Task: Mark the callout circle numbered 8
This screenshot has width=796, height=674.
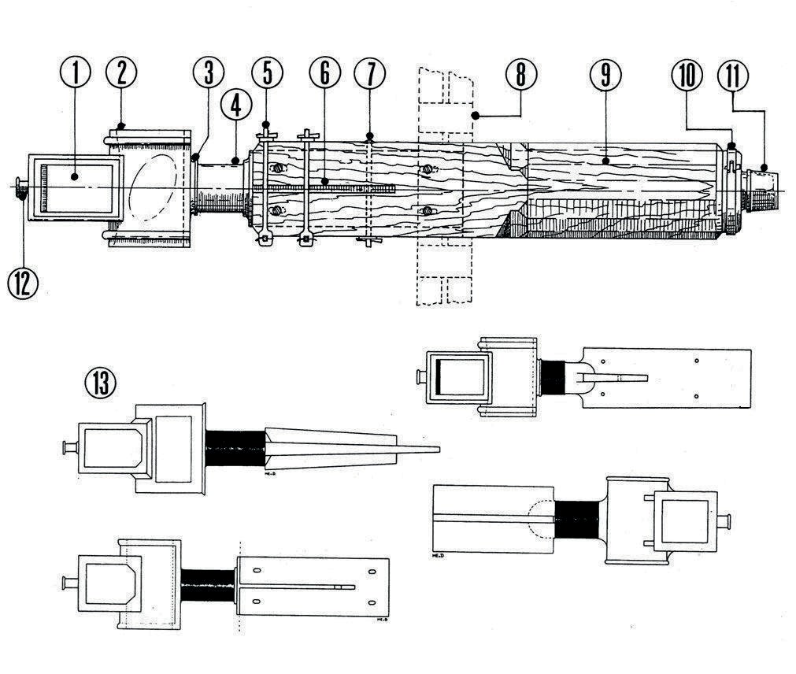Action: [x=521, y=76]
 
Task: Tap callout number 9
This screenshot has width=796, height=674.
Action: [x=605, y=76]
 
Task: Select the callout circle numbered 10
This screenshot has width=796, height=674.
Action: [x=687, y=76]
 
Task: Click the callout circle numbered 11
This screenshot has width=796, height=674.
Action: [x=733, y=76]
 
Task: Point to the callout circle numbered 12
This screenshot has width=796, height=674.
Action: [x=23, y=283]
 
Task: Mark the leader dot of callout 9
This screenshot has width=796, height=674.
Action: [x=605, y=162]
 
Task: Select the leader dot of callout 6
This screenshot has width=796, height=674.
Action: [x=324, y=183]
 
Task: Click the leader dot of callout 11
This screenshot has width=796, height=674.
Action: [x=765, y=168]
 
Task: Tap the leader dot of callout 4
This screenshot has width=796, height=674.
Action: [x=237, y=161]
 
